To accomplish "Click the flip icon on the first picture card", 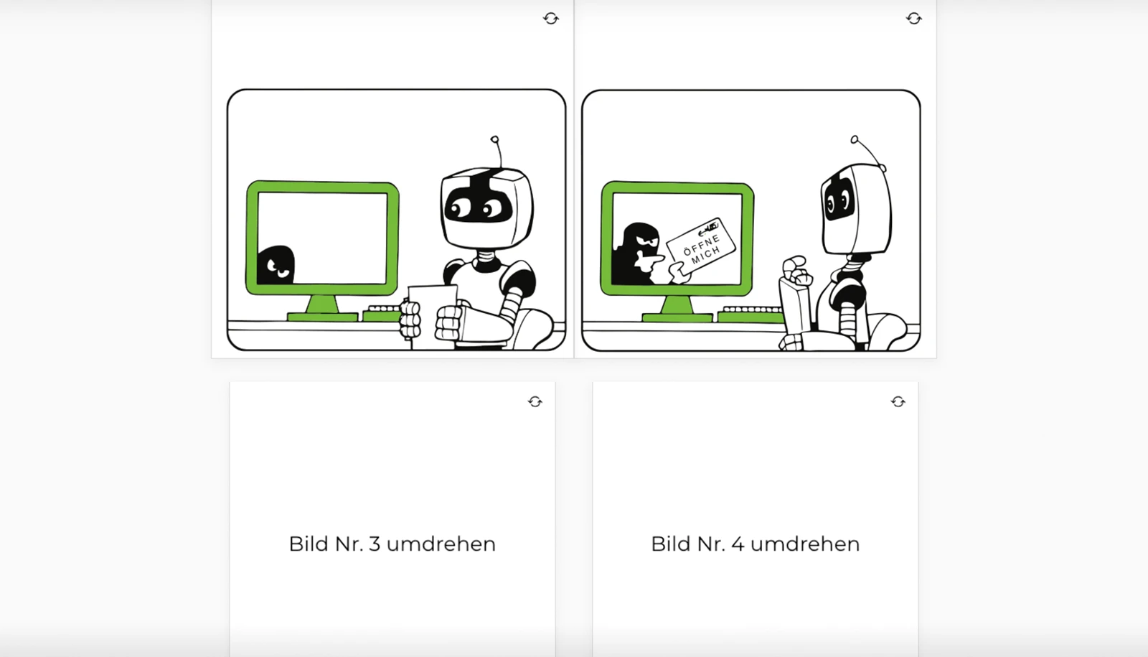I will [551, 19].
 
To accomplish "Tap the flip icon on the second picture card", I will [913, 19].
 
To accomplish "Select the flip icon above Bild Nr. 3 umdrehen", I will [535, 402].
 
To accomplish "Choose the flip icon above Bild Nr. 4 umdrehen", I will [898, 402].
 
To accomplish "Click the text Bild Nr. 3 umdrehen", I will [392, 544].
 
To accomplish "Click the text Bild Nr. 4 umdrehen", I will [755, 544].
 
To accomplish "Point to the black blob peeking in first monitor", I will [276, 265].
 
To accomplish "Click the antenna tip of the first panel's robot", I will [494, 139].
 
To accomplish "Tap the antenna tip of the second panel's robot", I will [854, 139].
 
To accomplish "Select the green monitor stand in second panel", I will [677, 309].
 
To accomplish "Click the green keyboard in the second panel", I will [750, 314].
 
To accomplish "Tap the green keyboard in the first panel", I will [382, 312].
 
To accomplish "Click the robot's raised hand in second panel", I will [796, 271].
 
